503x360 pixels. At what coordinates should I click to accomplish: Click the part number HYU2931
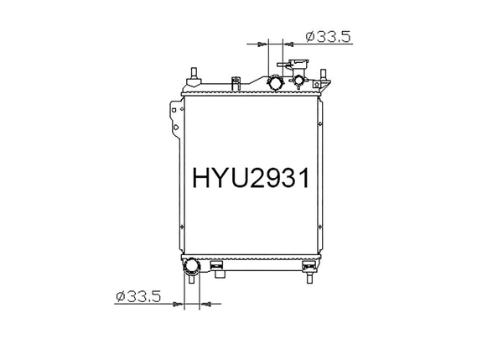251,179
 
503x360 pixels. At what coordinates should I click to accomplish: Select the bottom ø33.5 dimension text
137,295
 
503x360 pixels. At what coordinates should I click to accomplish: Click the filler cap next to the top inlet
299,81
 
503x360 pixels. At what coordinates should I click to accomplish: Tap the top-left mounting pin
194,75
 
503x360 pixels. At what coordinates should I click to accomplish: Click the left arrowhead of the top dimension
262,43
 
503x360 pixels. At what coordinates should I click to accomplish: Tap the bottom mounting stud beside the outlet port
217,268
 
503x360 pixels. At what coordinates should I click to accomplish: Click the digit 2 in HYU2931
258,179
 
